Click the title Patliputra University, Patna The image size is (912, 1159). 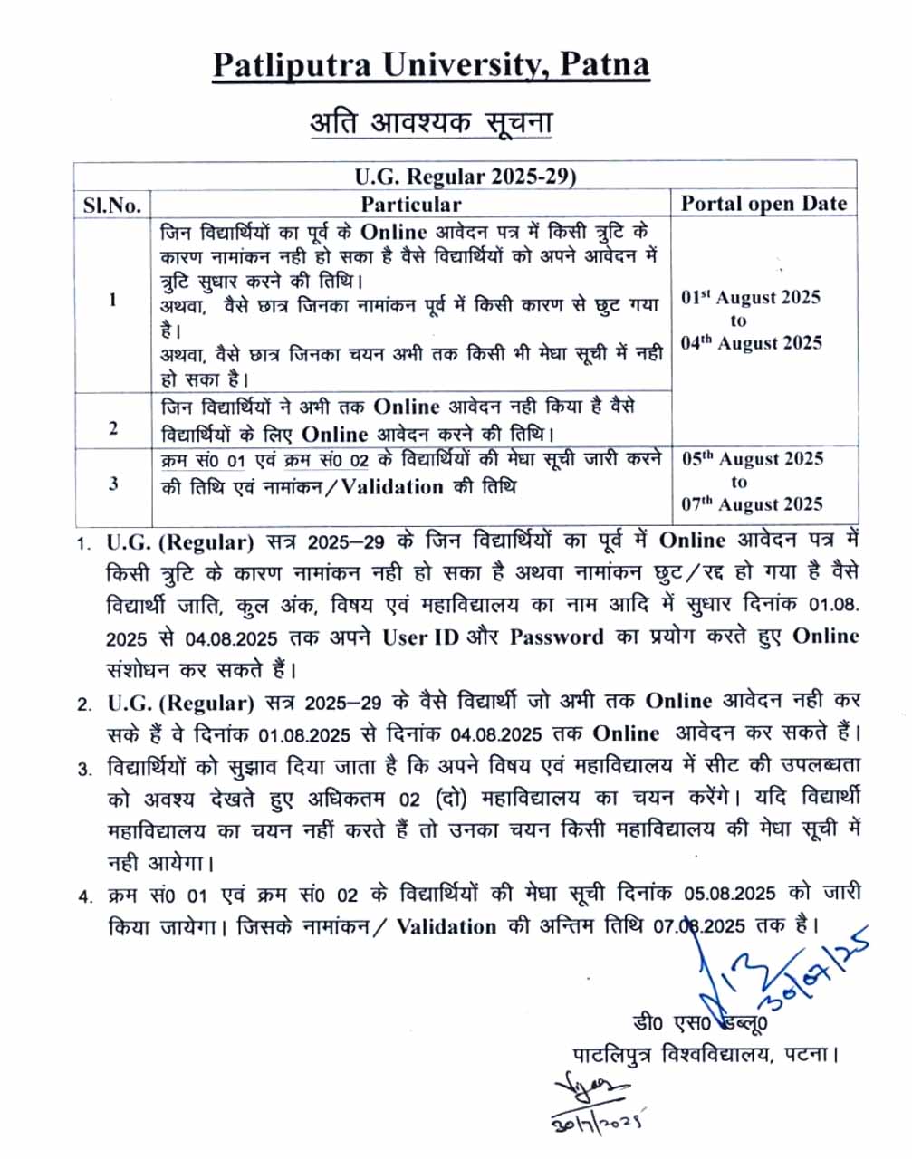pyautogui.click(x=431, y=65)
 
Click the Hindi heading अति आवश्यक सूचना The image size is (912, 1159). pyautogui.click(x=431, y=122)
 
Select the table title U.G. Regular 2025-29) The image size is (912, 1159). pyautogui.click(x=465, y=176)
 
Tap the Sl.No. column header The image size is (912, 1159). pyautogui.click(x=112, y=205)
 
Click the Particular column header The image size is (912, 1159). pyautogui.click(x=410, y=204)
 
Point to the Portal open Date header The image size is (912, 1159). pyautogui.click(x=763, y=204)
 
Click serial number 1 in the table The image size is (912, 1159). pyautogui.click(x=112, y=300)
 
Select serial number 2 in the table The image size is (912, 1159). pyautogui.click(x=112, y=426)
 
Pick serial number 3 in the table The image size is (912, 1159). pyautogui.click(x=112, y=484)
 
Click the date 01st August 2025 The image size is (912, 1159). pyautogui.click(x=751, y=298)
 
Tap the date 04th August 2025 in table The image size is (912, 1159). pyautogui.click(x=751, y=343)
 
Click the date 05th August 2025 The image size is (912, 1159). pyautogui.click(x=752, y=459)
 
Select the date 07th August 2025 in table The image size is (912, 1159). pyautogui.click(x=752, y=504)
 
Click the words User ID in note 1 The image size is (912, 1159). pyautogui.click(x=420, y=637)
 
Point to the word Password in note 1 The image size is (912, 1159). pyautogui.click(x=556, y=637)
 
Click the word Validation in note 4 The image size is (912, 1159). pyautogui.click(x=446, y=927)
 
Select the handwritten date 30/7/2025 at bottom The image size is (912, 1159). pyautogui.click(x=597, y=1121)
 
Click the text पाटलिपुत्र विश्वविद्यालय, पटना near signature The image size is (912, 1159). pyautogui.click(x=706, y=1055)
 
